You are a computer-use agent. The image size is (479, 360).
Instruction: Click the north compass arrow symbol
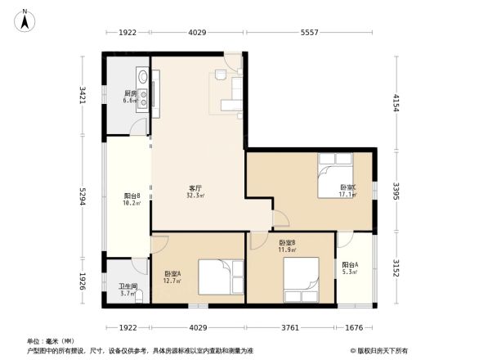pos(25,18)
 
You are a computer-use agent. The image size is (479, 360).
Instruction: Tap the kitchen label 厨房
pos(130,93)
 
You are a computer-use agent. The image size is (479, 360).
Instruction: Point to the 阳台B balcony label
pos(132,196)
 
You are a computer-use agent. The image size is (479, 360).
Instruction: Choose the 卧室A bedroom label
pos(172,274)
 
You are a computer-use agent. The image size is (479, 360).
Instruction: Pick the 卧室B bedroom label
pos(286,243)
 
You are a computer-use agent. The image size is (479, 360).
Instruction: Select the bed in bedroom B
pos(302,277)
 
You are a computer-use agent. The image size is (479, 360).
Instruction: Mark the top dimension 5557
pos(309,33)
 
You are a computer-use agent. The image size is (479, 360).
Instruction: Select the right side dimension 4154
pos(396,103)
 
